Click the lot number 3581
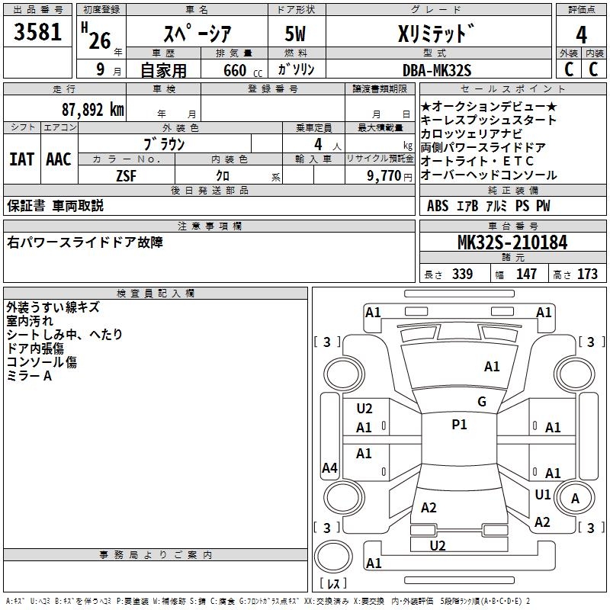pos(38,34)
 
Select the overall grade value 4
pos(581,34)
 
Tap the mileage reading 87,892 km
pos(91,109)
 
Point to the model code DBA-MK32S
pos(437,70)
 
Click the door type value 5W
pos(297,34)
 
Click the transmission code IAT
pos(21,159)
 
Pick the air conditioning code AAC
pos(59,159)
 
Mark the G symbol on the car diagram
pos(481,402)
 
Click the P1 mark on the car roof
pos(459,425)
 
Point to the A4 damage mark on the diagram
pos(329,468)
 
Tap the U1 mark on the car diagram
pos(542,495)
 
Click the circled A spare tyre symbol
pos(576,499)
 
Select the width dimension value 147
pos(526,274)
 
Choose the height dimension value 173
pos(587,274)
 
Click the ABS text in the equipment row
pos(438,206)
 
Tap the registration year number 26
pos(99,40)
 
